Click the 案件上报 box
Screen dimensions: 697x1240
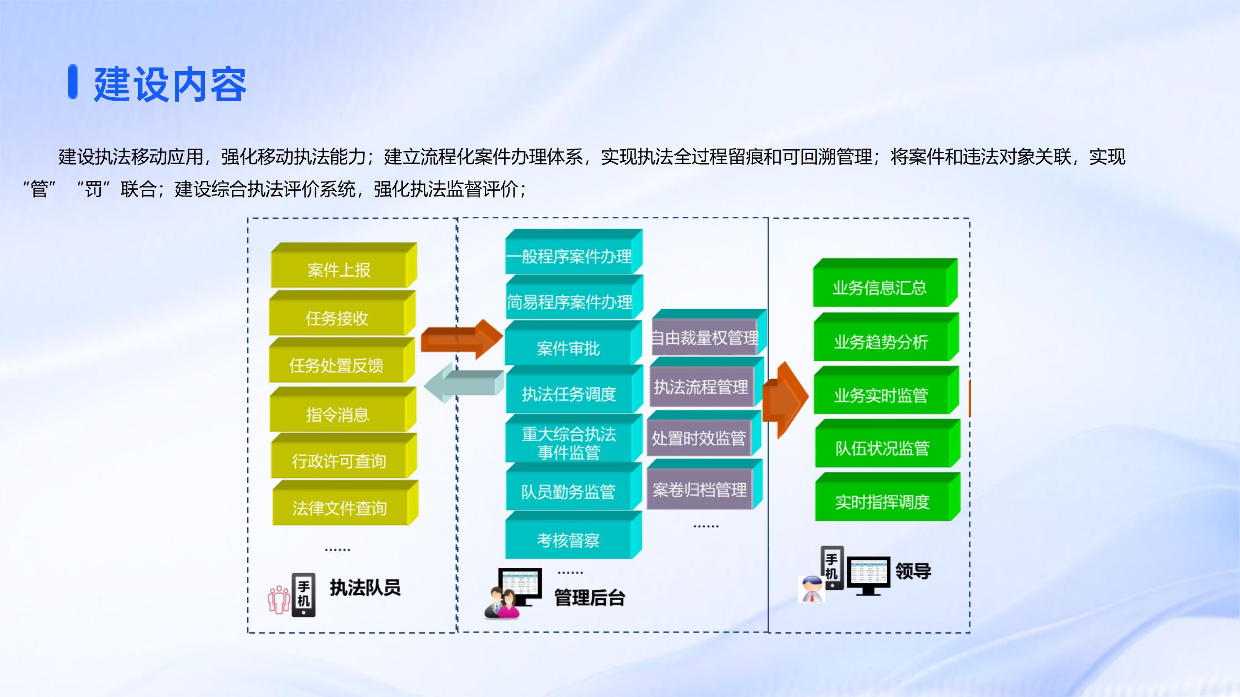tap(339, 270)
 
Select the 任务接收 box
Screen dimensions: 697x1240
tap(337, 318)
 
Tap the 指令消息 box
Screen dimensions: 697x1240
tap(338, 414)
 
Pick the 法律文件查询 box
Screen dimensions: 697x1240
tap(340, 508)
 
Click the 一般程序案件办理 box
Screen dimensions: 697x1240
tap(570, 256)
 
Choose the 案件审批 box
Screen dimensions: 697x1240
tap(569, 348)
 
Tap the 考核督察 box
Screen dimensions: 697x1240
tap(569, 540)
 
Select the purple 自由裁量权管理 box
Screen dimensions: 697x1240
tap(705, 337)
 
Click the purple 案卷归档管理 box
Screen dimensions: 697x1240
tap(700, 490)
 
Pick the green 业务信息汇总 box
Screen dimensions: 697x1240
tap(880, 288)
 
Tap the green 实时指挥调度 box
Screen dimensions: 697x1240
tap(883, 501)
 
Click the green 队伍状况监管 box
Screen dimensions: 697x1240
tap(883, 448)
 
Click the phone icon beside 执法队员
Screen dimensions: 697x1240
tap(304, 595)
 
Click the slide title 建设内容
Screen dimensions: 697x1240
tap(170, 84)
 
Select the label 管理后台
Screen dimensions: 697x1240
tap(589, 598)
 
